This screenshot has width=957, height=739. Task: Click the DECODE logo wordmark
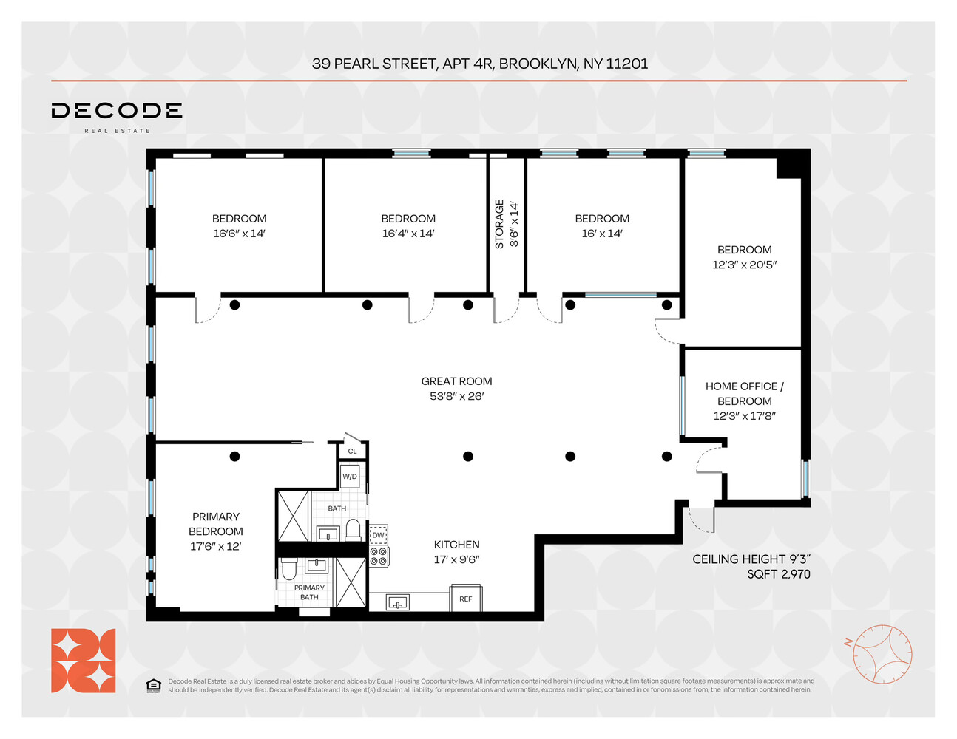pyautogui.click(x=116, y=111)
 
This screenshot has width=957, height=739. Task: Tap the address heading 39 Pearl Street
pyautogui.click(x=479, y=64)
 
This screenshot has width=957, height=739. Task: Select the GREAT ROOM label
pyautogui.click(x=456, y=381)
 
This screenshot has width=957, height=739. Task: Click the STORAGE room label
pyautogui.click(x=499, y=224)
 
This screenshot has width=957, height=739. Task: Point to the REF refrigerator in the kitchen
pyautogui.click(x=466, y=599)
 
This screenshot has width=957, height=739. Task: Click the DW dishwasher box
pyautogui.click(x=379, y=535)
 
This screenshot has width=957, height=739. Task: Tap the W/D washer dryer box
pyautogui.click(x=350, y=477)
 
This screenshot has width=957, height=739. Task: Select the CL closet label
pyautogui.click(x=352, y=451)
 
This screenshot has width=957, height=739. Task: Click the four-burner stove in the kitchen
pyautogui.click(x=379, y=556)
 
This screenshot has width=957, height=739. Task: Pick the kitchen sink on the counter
pyautogui.click(x=398, y=603)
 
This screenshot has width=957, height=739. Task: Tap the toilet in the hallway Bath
pyautogui.click(x=354, y=530)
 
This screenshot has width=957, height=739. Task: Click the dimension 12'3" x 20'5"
pyautogui.click(x=744, y=265)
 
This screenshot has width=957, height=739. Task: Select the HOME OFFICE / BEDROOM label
pyautogui.click(x=744, y=393)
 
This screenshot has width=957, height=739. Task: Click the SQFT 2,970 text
pyautogui.click(x=778, y=574)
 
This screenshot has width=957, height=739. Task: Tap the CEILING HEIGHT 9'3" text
pyautogui.click(x=751, y=559)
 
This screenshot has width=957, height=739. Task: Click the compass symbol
pyautogui.click(x=882, y=654)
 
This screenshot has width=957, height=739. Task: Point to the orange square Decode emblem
pyautogui.click(x=83, y=661)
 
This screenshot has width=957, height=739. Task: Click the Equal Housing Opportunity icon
pyautogui.click(x=153, y=686)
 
